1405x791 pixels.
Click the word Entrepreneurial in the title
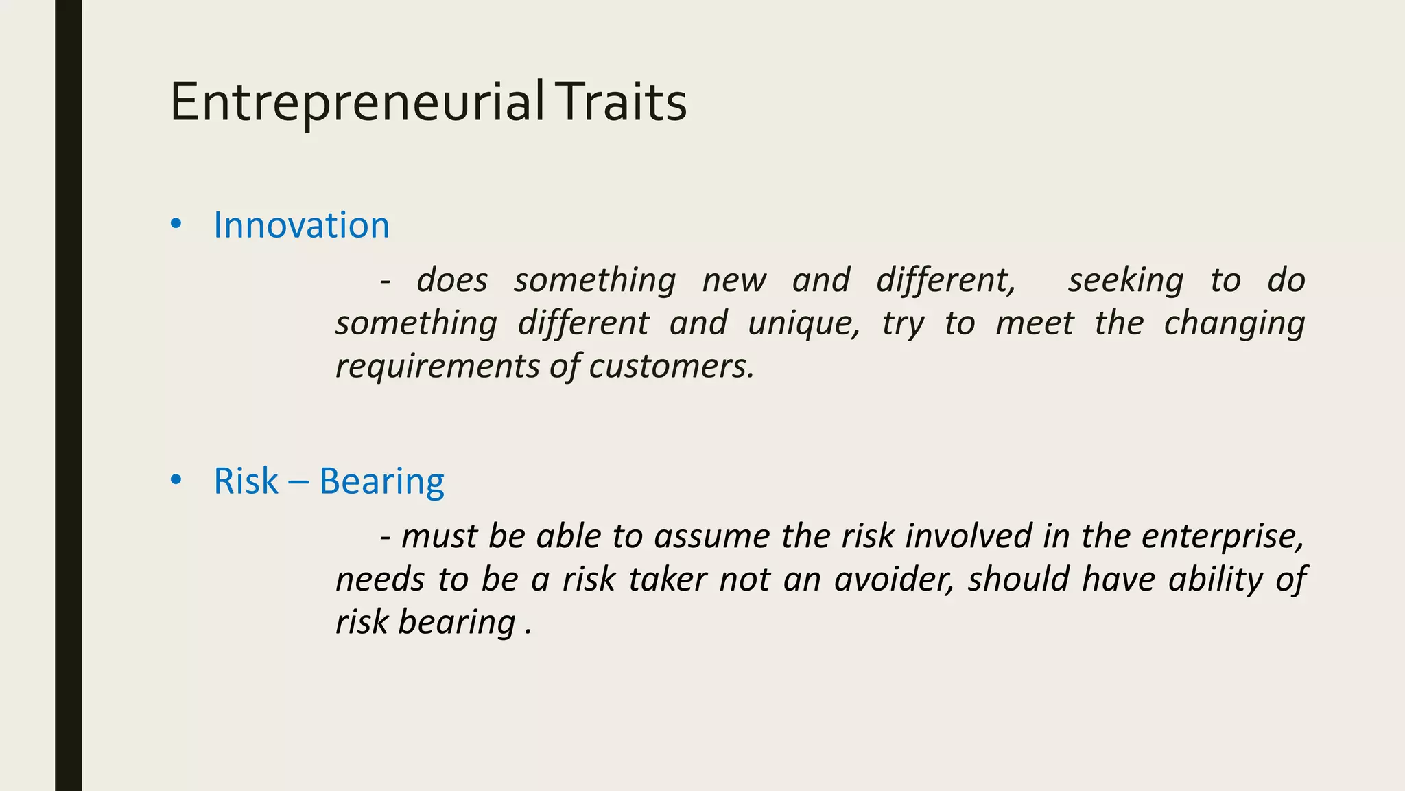[357, 103]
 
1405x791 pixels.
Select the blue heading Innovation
[301, 225]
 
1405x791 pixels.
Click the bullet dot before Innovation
[176, 224]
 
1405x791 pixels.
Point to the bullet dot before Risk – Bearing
[176, 480]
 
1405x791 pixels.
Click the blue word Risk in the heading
[246, 481]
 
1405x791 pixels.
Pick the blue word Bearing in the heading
[381, 482]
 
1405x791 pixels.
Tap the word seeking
[1125, 281]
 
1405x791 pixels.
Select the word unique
[803, 323]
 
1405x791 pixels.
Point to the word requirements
[437, 366]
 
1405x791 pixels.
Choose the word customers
[671, 366]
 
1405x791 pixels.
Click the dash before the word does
[386, 281]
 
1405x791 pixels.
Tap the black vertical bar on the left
[68, 395]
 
